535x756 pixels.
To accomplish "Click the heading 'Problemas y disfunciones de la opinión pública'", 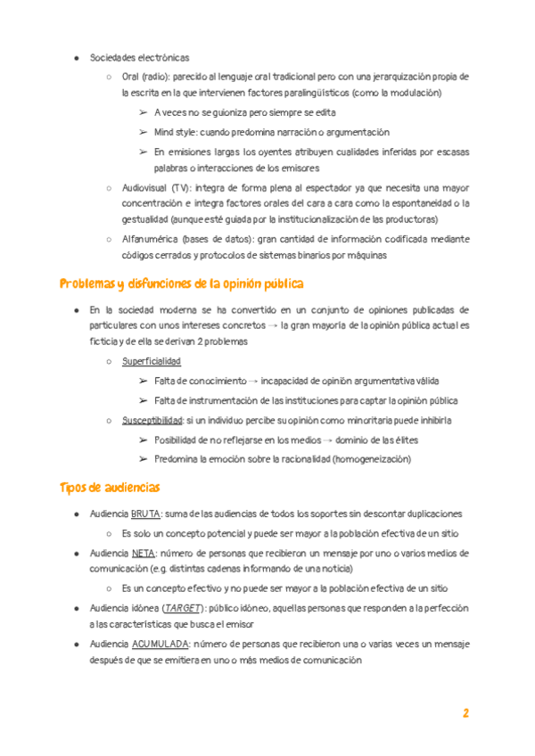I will (182, 283).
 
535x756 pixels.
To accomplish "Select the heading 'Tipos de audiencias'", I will (110, 488).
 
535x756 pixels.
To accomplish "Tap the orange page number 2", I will (465, 713).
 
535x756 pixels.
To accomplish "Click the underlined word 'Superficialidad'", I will (151, 361).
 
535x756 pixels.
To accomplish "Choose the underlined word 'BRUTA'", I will (144, 514).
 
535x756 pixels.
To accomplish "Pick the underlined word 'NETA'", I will (143, 554).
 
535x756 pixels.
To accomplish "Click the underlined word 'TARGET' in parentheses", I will (180, 607).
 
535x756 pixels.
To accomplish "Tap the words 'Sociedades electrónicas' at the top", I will (139, 58).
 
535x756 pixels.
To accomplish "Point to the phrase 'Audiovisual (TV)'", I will (156, 188).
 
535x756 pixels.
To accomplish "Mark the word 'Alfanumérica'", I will (147, 239).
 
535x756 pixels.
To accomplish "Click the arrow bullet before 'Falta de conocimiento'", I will (143, 381).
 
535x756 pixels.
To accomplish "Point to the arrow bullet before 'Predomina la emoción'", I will (143, 459).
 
